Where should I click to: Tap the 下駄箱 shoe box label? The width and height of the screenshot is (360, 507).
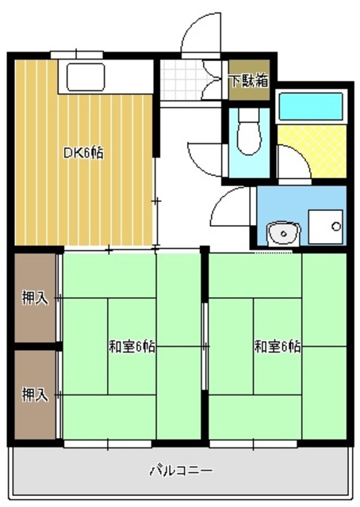tap(249, 80)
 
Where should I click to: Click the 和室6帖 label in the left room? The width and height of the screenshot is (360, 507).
tap(132, 346)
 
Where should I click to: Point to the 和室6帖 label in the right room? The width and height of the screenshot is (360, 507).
tap(278, 346)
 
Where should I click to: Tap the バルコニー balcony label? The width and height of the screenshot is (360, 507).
tap(181, 471)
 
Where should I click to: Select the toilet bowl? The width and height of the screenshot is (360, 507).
tap(248, 131)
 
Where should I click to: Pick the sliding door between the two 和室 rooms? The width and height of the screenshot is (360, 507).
tap(205, 349)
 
